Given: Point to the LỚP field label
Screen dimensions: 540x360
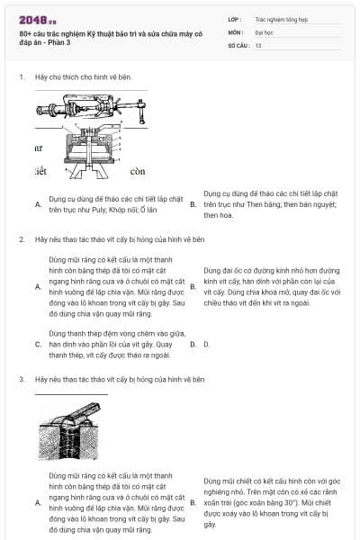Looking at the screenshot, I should tap(235, 18).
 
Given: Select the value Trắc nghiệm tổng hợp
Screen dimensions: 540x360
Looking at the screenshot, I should tap(281, 18).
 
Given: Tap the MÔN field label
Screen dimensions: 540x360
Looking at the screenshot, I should tap(236, 31).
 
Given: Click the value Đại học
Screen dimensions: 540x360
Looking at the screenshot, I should tap(265, 31).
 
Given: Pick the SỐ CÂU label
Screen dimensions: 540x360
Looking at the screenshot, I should tap(238, 44).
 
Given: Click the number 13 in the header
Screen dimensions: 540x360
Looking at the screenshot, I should tap(259, 44).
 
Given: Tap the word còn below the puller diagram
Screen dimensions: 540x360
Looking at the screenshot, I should tap(137, 171).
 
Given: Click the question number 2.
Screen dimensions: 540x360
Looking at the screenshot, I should tap(22, 240).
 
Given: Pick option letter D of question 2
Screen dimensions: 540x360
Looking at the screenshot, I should tap(193, 344).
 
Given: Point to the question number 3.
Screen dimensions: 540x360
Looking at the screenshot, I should tap(22, 380).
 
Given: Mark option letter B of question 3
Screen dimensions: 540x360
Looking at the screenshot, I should tap(193, 503).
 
